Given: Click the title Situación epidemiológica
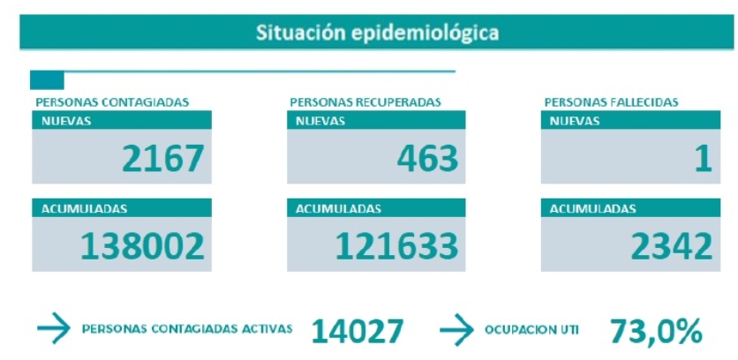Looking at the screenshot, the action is click(377, 33).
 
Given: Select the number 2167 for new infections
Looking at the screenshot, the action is click(162, 158).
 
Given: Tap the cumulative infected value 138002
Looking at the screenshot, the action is click(143, 246).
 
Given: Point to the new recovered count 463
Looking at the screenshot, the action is click(427, 158).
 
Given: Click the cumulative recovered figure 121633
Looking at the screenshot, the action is click(396, 246).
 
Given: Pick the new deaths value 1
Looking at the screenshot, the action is click(704, 158).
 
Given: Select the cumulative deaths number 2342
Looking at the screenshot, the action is click(672, 246).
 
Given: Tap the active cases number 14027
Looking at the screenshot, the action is click(358, 331).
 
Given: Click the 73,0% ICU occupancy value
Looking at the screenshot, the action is click(656, 332).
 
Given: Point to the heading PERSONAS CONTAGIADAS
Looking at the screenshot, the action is click(112, 102).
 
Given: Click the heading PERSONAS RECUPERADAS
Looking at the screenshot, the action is click(365, 102).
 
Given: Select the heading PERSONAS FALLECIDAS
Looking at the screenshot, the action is click(612, 102).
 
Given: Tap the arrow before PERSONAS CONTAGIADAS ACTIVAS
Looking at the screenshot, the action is click(54, 328).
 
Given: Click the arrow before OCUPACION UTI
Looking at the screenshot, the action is click(456, 329).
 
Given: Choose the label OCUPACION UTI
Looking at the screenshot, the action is click(531, 330).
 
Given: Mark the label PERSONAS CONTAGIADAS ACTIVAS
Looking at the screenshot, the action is click(187, 329).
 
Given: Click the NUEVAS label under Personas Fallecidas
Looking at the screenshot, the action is click(575, 121).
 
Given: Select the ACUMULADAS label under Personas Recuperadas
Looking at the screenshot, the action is click(338, 208).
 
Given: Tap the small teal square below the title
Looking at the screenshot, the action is click(47, 80).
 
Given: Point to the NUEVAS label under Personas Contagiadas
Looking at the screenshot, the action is click(66, 121).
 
